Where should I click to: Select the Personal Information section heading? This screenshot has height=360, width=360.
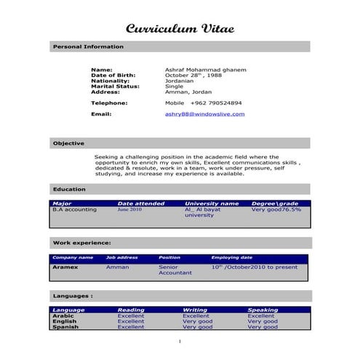[x=88, y=47]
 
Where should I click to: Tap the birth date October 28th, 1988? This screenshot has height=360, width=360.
[x=193, y=75]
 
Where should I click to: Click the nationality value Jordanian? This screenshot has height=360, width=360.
[x=181, y=81]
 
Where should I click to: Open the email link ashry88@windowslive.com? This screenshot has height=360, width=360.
[x=204, y=114]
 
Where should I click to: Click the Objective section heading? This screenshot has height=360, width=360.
[x=68, y=143]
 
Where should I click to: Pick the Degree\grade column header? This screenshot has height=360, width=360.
[x=274, y=204]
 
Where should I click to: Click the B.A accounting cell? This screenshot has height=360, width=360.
[x=75, y=209]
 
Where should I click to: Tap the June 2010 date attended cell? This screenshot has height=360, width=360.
[x=129, y=209]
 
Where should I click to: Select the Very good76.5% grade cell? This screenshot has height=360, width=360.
[x=276, y=209]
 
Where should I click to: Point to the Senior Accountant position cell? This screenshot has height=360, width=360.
[x=175, y=270]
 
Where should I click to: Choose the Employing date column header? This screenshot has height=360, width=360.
[x=231, y=257]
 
